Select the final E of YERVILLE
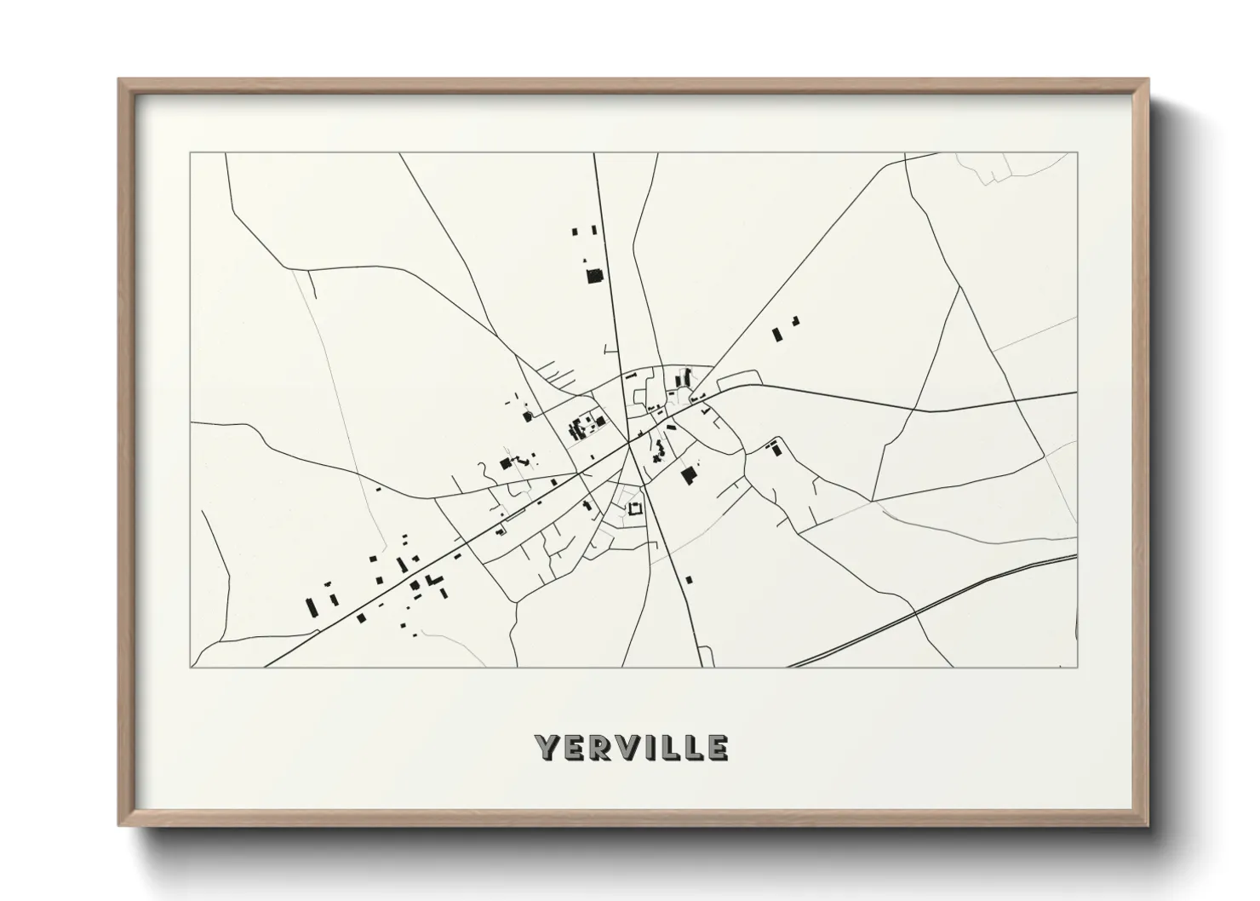(717, 748)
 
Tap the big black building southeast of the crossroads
(688, 475)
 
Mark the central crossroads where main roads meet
(629, 442)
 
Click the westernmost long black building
(312, 607)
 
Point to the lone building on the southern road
(689, 580)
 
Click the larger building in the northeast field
(776, 334)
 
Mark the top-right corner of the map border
(1078, 152)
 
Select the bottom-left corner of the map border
(191, 667)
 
